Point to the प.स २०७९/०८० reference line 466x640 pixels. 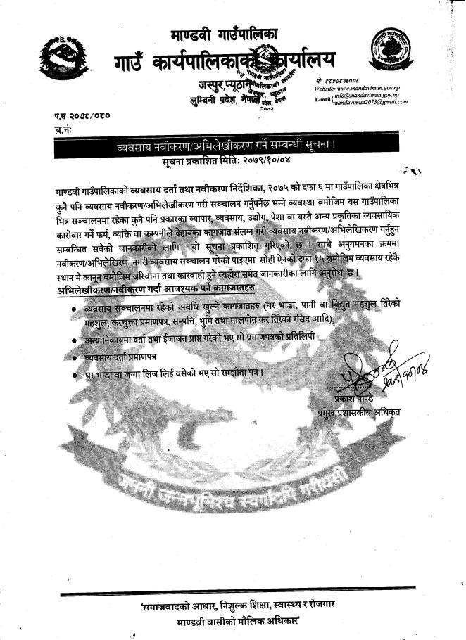click(83, 114)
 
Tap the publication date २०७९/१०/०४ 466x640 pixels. click(261, 161)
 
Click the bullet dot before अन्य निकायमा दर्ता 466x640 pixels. click(74, 340)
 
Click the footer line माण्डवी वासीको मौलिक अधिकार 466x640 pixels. click(232, 619)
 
